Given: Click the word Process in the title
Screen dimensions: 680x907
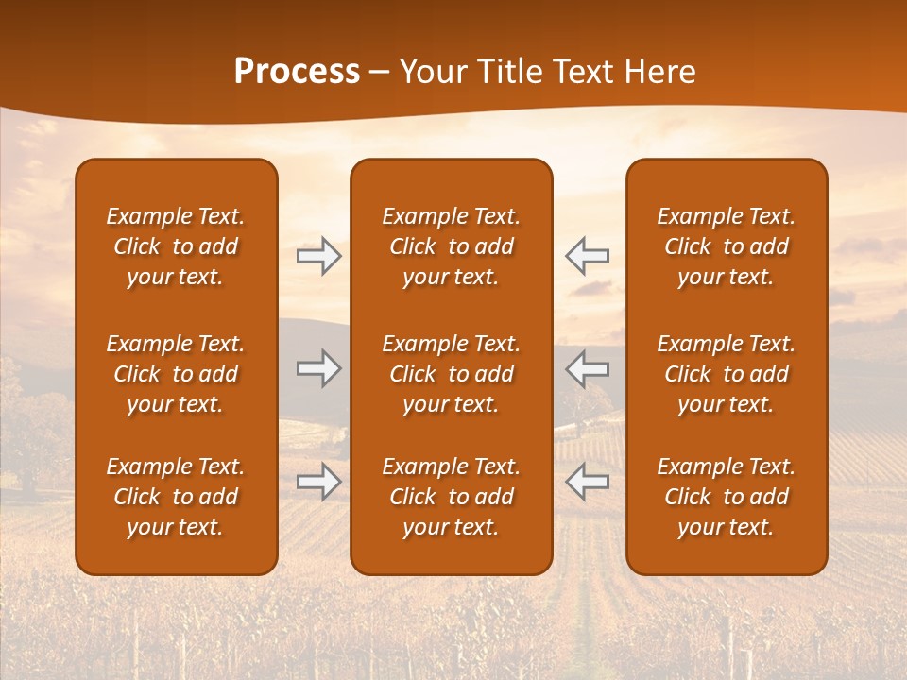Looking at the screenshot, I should [297, 72].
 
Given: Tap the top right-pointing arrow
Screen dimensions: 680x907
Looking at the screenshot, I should [318, 256].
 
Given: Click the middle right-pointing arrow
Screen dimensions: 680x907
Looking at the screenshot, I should [318, 368].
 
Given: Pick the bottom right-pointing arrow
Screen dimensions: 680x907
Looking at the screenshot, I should [318, 482].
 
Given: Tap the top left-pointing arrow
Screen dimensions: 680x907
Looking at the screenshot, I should [587, 256].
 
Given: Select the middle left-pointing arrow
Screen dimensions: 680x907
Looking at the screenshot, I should [587, 368].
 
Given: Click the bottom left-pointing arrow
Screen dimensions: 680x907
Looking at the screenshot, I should [587, 482].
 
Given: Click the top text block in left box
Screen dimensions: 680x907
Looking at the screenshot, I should [176, 246].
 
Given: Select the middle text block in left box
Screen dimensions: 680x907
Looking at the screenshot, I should [176, 374].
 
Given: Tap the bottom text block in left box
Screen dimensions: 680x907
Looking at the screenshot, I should [176, 497].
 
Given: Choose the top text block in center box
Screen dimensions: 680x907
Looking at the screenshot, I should [451, 246].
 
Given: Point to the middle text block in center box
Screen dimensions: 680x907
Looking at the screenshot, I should [451, 374].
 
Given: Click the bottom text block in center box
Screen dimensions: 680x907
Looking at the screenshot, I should [451, 497].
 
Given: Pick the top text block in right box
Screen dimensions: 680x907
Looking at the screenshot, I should [726, 246].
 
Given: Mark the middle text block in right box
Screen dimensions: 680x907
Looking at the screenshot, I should [726, 374].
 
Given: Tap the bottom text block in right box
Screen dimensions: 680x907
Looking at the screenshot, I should [726, 497].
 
